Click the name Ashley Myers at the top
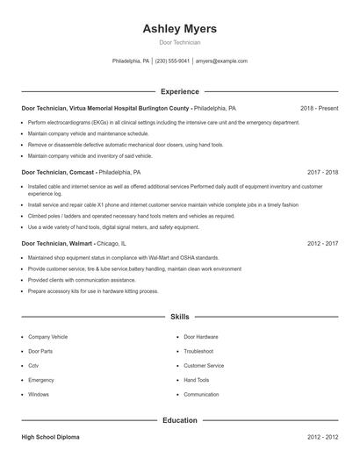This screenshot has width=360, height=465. (x=179, y=29)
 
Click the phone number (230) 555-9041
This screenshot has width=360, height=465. (x=172, y=61)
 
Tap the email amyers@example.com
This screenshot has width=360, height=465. (x=221, y=61)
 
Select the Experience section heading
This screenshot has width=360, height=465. (x=179, y=91)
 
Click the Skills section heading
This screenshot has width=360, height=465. (x=179, y=316)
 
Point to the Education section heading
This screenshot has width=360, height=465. (x=179, y=420)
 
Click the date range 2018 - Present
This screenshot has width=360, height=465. (x=319, y=108)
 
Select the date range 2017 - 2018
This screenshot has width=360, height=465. (x=322, y=173)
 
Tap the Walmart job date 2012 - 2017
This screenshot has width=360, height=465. (x=322, y=243)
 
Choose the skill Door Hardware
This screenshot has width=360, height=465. (x=201, y=337)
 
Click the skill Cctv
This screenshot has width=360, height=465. (x=33, y=366)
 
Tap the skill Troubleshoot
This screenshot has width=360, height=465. (x=198, y=351)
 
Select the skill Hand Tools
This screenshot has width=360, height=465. (x=197, y=380)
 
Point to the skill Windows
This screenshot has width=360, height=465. (x=39, y=395)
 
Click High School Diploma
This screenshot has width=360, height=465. (x=54, y=436)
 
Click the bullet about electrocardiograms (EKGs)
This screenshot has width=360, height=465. (x=163, y=123)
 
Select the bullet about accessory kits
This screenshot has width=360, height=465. (x=93, y=290)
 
